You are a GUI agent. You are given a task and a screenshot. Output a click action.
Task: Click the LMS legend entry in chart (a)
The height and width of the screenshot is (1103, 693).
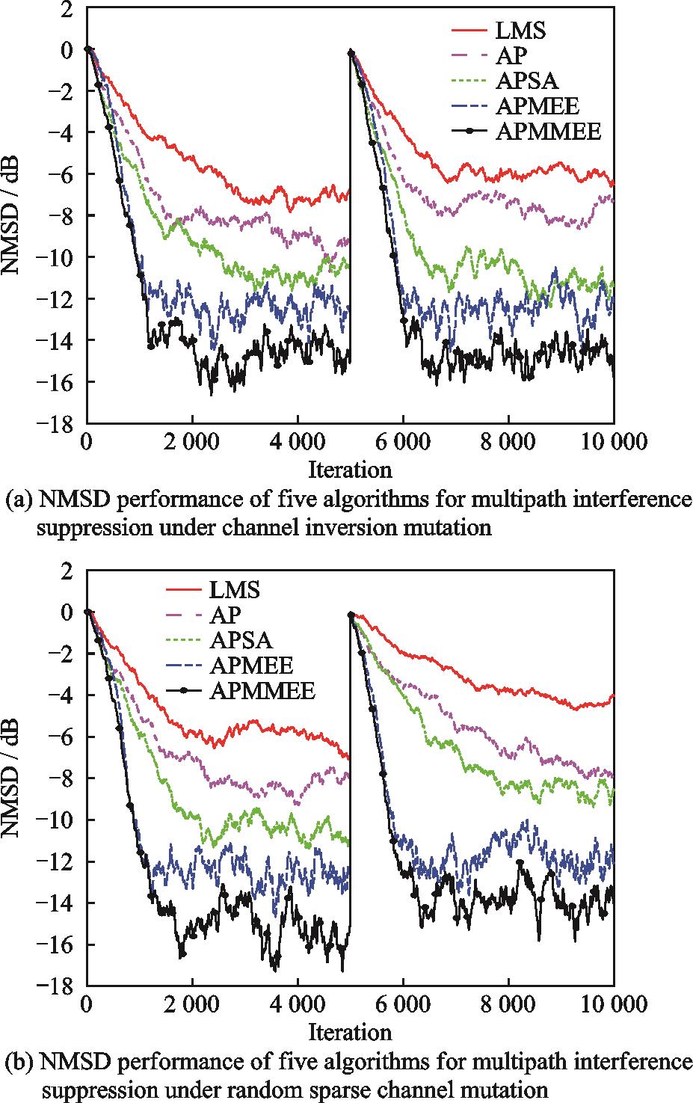[520, 31]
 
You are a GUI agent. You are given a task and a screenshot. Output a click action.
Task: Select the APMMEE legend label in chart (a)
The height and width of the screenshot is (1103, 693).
[549, 132]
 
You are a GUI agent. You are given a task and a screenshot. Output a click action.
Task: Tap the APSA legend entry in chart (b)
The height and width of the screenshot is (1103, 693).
[241, 640]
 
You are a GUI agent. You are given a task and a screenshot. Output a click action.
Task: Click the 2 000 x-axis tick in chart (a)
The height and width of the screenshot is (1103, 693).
[193, 443]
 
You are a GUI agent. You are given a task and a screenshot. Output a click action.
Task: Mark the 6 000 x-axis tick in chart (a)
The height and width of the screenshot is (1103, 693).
[403, 443]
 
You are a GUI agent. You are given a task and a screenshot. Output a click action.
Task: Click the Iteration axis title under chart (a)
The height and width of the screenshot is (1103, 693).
[350, 470]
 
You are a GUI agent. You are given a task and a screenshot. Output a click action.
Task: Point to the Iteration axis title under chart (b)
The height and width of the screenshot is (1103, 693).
[350, 1032]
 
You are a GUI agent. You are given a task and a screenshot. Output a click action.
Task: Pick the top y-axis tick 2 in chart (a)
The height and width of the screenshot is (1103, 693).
[67, 9]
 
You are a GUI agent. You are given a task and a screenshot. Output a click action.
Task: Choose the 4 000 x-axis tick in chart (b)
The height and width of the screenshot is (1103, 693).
[298, 1005]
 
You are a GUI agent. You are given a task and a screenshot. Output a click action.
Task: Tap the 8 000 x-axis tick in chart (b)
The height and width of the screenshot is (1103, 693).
[508, 1005]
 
